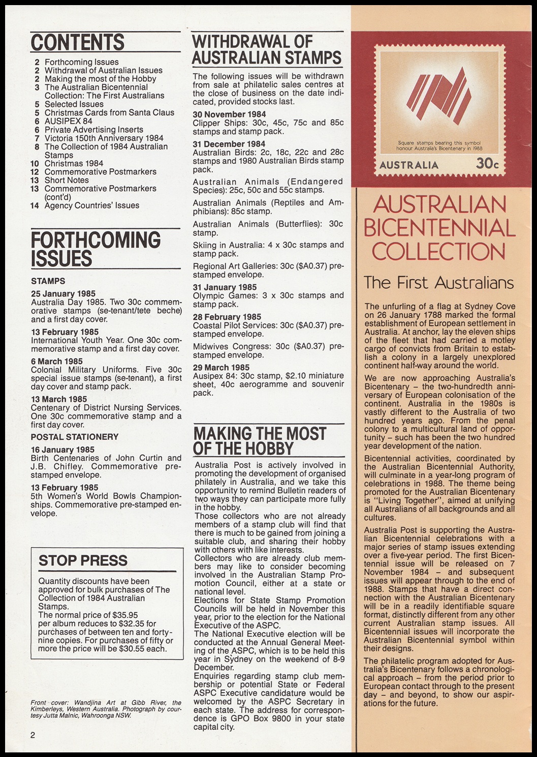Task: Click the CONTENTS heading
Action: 78,43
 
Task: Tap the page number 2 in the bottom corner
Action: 33,735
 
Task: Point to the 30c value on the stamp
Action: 487,164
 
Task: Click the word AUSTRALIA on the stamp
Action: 408,165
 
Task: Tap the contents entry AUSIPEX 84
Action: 69,121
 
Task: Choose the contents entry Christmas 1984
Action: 74,163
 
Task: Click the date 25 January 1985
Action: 63,294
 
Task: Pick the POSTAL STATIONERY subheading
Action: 75,437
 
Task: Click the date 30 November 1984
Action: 229,114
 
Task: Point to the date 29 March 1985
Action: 221,368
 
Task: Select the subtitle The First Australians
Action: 439,283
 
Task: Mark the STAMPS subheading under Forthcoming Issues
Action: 48,281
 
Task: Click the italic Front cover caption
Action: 106,709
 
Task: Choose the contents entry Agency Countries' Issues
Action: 91,205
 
